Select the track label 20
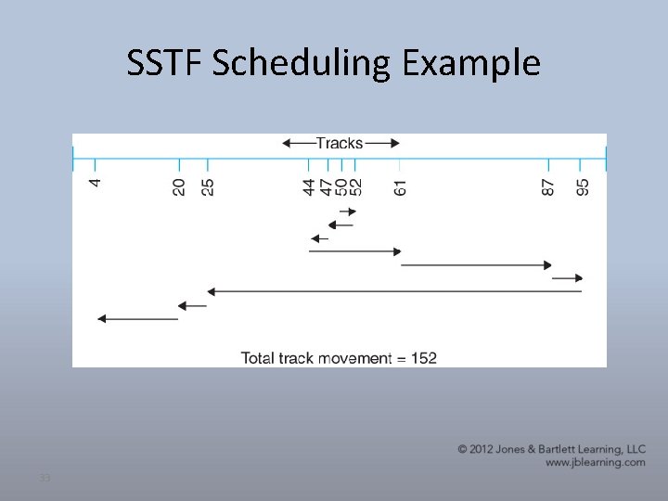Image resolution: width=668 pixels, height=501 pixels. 179,186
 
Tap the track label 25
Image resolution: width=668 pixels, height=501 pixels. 207,186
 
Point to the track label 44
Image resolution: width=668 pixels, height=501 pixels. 309,186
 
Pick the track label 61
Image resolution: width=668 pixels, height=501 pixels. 400,186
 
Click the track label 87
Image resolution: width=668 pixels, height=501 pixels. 548,186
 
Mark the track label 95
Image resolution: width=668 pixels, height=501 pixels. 581,186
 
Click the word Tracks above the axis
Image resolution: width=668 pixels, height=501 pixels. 340,143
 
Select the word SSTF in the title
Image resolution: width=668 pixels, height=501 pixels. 163,63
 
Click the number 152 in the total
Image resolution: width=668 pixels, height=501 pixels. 422,357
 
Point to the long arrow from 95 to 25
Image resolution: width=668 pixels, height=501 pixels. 394,291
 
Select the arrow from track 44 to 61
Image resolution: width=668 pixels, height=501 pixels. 354,251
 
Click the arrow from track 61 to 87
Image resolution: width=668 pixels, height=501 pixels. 475,265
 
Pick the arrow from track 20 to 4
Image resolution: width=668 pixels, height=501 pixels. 137,318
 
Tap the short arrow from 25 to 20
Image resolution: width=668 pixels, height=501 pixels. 193,305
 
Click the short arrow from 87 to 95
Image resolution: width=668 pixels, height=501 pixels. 567,277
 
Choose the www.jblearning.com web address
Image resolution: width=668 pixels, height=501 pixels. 594,462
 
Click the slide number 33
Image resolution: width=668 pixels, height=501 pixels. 44,478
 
